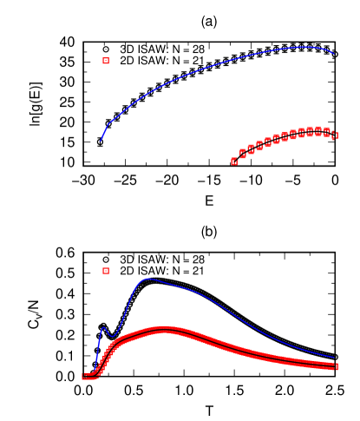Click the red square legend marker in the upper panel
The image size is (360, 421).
point(106,61)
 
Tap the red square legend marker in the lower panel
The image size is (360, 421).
point(106,271)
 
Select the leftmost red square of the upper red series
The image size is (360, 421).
point(234,161)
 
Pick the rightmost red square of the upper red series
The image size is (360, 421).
point(335,135)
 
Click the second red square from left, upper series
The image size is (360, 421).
point(243,154)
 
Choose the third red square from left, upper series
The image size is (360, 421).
point(251,148)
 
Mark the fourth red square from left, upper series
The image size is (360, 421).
point(259,145)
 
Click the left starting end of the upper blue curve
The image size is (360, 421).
point(101,141)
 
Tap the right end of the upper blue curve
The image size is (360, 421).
point(335,55)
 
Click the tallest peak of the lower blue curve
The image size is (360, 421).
point(147,279)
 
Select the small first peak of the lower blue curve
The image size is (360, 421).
point(103,327)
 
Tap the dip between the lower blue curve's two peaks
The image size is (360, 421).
point(111,336)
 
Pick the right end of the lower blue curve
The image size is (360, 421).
point(335,357)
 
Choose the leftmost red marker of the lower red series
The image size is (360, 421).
point(85,376)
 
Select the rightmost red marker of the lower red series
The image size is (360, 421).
point(336,366)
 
